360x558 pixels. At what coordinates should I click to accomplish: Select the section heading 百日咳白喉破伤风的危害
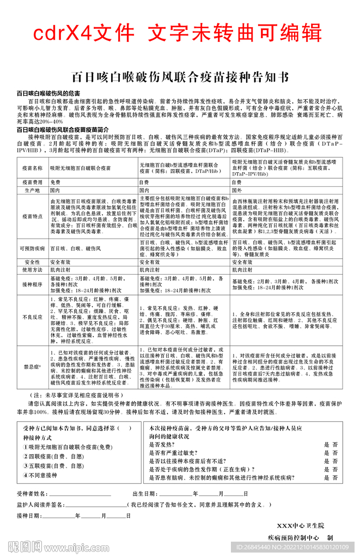click(x=48, y=94)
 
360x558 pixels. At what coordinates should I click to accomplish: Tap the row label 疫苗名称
click(x=32, y=168)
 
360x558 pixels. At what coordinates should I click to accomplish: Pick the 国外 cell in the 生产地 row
click(x=238, y=191)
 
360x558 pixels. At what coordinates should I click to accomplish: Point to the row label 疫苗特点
click(x=32, y=216)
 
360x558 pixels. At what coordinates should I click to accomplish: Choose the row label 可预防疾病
click(x=32, y=248)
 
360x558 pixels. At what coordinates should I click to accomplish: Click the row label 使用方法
click(x=32, y=270)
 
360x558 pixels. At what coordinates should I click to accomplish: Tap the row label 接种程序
click(x=32, y=284)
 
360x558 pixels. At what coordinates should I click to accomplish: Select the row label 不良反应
click(x=32, y=317)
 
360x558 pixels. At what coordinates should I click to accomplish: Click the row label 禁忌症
click(x=32, y=367)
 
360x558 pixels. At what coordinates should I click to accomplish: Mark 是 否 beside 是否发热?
click(x=331, y=445)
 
